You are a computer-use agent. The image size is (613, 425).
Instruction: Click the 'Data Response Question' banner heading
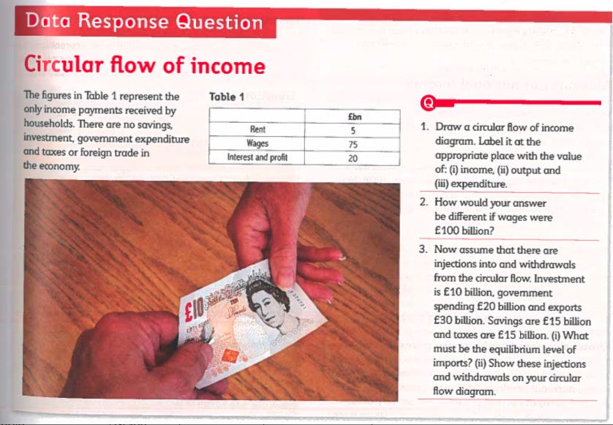(x=144, y=21)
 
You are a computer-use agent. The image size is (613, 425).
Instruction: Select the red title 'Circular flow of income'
(x=144, y=67)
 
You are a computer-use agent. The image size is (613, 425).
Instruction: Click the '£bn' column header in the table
(x=353, y=117)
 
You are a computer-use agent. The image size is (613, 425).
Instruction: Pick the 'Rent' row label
(x=257, y=131)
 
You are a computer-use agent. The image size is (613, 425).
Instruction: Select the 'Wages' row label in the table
(x=257, y=144)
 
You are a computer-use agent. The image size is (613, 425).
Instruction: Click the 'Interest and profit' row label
(x=257, y=157)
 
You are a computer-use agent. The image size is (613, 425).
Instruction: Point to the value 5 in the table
(x=353, y=131)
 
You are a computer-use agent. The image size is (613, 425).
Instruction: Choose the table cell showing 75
(x=353, y=144)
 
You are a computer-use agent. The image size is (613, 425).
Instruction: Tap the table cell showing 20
(x=353, y=157)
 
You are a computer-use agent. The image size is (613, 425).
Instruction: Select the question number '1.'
(x=424, y=128)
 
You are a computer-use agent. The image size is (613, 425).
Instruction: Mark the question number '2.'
(x=424, y=203)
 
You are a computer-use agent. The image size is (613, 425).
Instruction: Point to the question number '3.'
(x=424, y=249)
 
